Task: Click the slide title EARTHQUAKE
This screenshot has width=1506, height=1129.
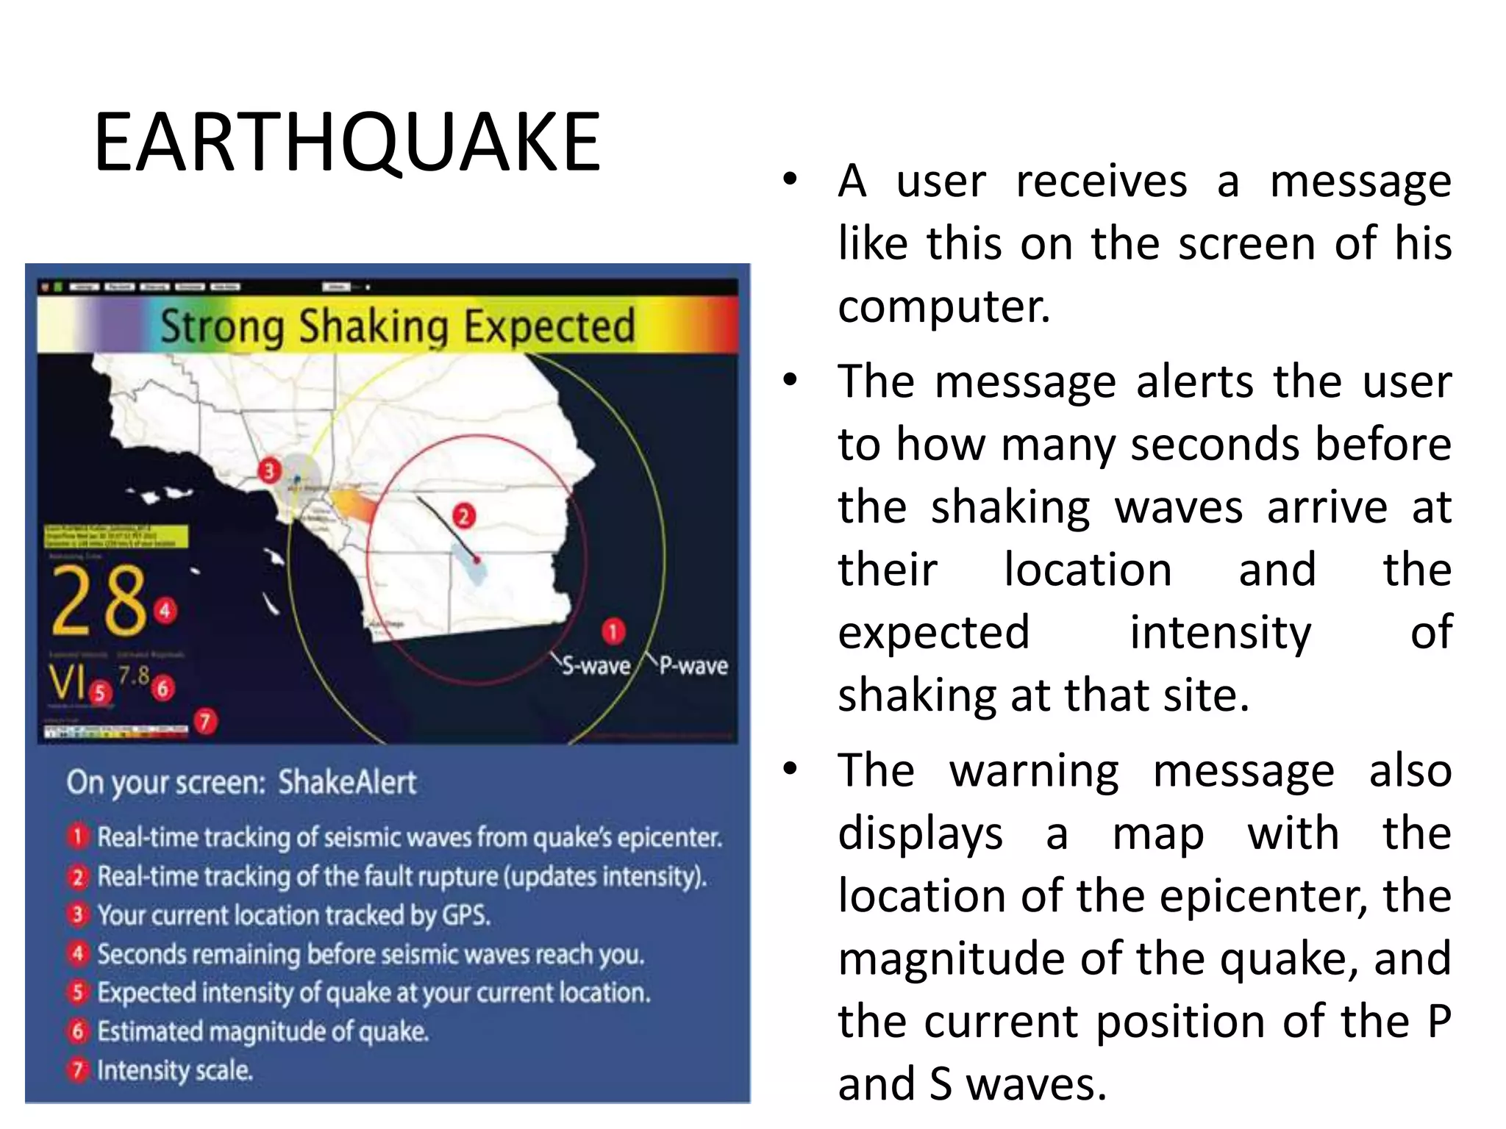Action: [347, 142]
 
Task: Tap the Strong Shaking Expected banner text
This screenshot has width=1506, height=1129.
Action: [397, 327]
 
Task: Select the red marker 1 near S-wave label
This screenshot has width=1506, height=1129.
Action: [613, 631]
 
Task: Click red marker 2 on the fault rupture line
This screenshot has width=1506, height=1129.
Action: [463, 516]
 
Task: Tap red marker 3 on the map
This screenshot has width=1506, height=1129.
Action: [269, 470]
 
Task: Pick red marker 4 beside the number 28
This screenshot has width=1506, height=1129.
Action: [165, 609]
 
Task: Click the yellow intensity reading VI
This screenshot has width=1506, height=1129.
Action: [68, 682]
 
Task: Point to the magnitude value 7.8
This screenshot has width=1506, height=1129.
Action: [134, 675]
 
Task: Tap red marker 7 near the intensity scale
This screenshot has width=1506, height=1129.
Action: [205, 721]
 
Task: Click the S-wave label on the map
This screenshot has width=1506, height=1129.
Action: [596, 666]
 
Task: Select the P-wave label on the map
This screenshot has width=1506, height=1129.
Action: [693, 665]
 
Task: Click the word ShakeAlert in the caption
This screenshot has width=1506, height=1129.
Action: [347, 782]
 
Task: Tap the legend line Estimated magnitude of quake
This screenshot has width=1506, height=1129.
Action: [263, 1031]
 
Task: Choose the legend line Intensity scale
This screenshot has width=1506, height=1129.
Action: [175, 1070]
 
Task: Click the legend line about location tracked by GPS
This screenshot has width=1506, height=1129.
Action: [293, 915]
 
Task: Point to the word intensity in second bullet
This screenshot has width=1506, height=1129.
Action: [1220, 633]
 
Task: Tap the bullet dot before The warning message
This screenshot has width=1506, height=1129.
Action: [791, 770]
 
